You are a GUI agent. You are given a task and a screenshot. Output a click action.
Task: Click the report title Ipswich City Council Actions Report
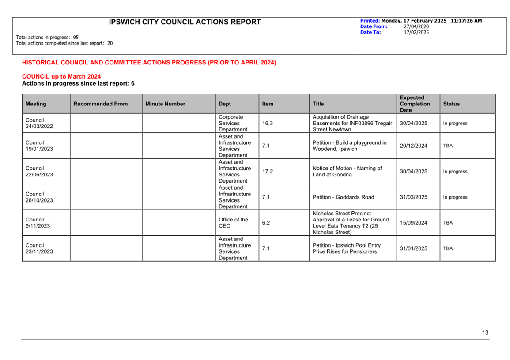[x=185, y=22]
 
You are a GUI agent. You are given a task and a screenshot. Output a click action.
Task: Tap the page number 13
[x=485, y=333]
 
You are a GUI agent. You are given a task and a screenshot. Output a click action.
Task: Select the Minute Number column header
[x=165, y=104]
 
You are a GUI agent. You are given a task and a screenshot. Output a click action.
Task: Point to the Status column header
[x=451, y=104]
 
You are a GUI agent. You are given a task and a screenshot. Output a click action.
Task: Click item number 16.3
[x=268, y=124]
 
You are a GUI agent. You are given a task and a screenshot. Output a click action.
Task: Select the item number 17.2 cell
[x=268, y=172]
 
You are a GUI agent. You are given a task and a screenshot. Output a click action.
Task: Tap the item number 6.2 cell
[x=266, y=223]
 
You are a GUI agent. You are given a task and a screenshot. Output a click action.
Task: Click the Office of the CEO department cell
[x=233, y=223]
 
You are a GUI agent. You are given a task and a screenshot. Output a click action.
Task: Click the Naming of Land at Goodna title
[x=347, y=172]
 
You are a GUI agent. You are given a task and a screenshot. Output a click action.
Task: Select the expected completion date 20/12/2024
[x=413, y=146]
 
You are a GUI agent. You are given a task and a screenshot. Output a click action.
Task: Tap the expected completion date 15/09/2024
[x=413, y=223]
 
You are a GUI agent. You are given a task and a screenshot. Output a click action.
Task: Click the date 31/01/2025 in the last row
[x=413, y=248]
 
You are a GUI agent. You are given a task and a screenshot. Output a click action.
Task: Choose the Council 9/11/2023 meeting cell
[x=38, y=223]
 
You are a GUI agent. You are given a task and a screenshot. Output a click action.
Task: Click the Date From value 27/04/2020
[x=416, y=26]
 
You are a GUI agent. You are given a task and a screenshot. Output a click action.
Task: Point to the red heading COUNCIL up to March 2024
[x=61, y=77]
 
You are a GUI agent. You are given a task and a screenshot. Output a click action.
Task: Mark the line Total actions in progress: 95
[x=47, y=37]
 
